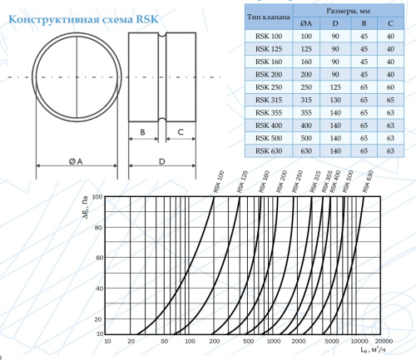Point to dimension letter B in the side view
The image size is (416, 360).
click(x=143, y=131)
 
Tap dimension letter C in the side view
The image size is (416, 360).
click(x=181, y=131)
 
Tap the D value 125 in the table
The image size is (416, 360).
click(x=336, y=87)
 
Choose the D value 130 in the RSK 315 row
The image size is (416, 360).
click(x=336, y=100)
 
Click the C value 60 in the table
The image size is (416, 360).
click(x=390, y=87)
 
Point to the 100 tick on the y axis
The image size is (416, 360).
click(x=97, y=197)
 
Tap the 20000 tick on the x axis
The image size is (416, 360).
click(x=384, y=341)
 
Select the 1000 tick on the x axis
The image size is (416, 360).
click(x=273, y=341)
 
